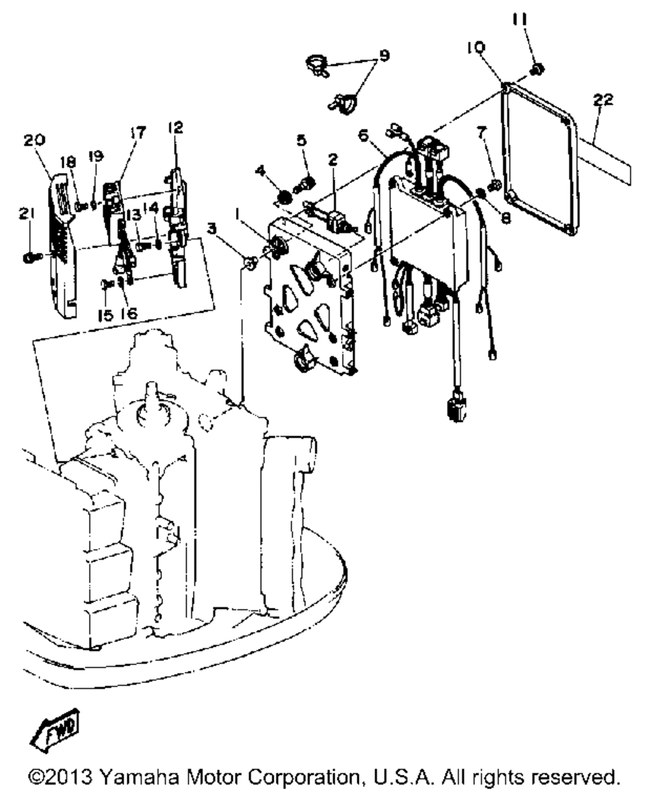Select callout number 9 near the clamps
tap(384, 56)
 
